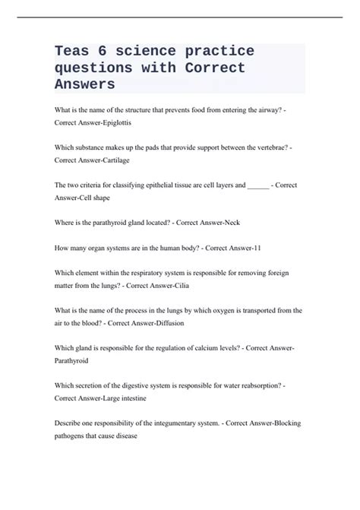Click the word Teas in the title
pyautogui.click(x=74, y=51)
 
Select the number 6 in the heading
pyautogui.click(x=112, y=51)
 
